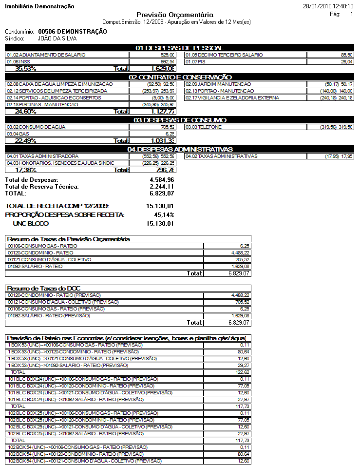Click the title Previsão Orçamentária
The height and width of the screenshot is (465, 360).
point(174,15)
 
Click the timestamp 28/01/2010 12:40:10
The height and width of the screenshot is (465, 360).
point(328,6)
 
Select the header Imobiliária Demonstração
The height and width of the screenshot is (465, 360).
point(39,6)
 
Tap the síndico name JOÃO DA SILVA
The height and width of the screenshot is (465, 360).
point(57,38)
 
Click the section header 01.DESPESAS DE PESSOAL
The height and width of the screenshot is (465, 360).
point(179,48)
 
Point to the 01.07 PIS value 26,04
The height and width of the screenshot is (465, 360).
point(347,62)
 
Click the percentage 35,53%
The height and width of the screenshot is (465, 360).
point(26,69)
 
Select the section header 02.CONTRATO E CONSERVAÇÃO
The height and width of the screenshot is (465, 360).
point(179,77)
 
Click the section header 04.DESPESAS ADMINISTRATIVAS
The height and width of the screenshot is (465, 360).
point(179,149)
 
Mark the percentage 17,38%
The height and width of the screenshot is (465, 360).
point(26,170)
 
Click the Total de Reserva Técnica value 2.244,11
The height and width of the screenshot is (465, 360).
point(162,187)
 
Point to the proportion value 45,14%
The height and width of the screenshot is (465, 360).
point(164,214)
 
